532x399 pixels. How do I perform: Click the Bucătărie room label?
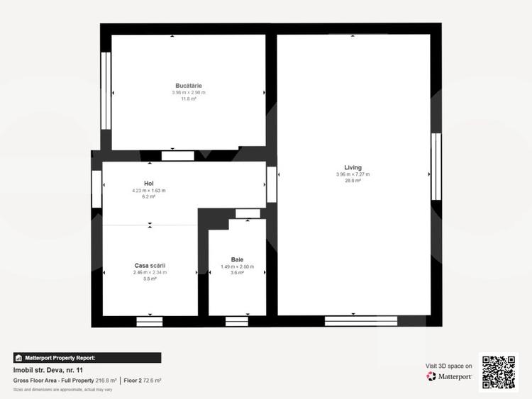click(x=188, y=86)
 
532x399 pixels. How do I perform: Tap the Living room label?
click(x=353, y=168)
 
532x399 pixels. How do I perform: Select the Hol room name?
click(x=149, y=183)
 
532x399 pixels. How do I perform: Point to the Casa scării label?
click(x=150, y=266)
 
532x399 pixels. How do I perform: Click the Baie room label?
click(x=237, y=259)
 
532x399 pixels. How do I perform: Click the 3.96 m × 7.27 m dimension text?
click(x=353, y=174)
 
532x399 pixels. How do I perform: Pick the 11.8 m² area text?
click(x=188, y=99)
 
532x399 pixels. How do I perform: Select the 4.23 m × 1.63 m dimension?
click(x=149, y=190)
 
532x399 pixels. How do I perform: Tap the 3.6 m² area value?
click(x=237, y=273)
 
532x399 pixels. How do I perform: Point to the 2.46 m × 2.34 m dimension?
click(x=150, y=272)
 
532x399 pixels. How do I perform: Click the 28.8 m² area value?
click(x=353, y=181)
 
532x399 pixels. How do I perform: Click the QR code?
click(x=499, y=371)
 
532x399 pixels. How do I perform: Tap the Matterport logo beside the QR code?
click(x=450, y=376)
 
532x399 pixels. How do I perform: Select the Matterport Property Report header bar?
click(x=87, y=358)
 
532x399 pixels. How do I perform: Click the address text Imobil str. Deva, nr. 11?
click(x=48, y=370)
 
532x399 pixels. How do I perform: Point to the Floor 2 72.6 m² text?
click(x=142, y=381)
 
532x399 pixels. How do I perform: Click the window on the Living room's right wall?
click(x=436, y=167)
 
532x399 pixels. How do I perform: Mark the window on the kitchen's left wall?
click(x=106, y=90)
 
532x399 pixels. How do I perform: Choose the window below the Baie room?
click(x=237, y=321)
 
